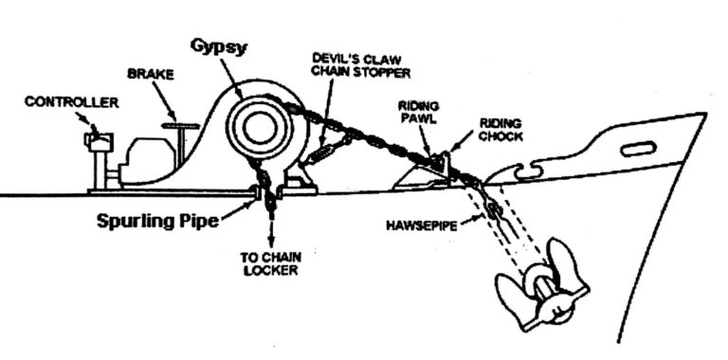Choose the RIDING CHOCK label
500,130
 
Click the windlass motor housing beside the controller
142,161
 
